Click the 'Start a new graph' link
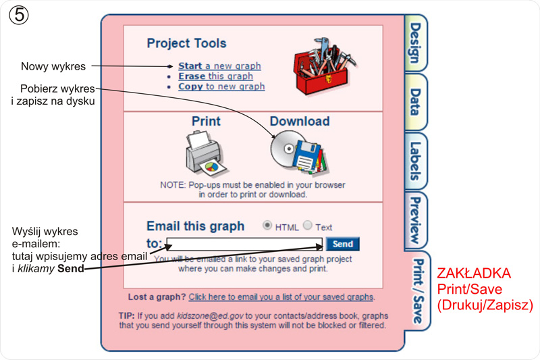(x=219, y=66)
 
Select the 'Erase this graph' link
(x=215, y=76)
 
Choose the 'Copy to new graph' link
(x=221, y=86)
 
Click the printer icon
(x=205, y=152)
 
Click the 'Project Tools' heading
(x=186, y=43)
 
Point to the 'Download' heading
(x=300, y=122)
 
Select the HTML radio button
(x=268, y=226)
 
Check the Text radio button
(x=308, y=226)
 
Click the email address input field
(x=244, y=244)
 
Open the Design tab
(x=415, y=43)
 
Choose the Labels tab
(x=415, y=161)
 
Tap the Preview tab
(x=415, y=220)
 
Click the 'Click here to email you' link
(x=281, y=297)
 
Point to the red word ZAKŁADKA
(x=474, y=274)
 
